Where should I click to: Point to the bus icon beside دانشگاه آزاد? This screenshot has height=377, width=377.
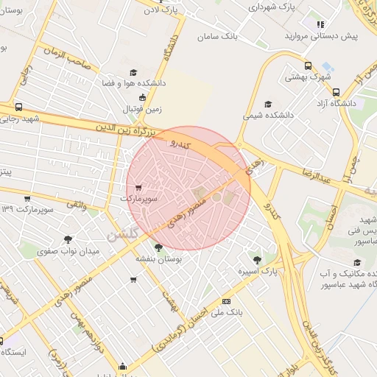click(336, 93)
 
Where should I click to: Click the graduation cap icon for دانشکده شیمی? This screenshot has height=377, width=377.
click(267, 104)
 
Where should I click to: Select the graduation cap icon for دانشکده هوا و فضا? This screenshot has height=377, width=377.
click(133, 72)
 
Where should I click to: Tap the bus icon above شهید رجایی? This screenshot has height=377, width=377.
click(18, 106)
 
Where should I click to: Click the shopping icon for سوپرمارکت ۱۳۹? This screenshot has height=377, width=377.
click(27, 198)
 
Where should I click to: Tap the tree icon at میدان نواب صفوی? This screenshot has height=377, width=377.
click(68, 239)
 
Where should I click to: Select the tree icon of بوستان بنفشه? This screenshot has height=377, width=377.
click(158, 247)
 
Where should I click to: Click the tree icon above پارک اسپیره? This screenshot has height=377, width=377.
click(256, 259)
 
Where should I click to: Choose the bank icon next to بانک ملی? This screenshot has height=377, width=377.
click(225, 300)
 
